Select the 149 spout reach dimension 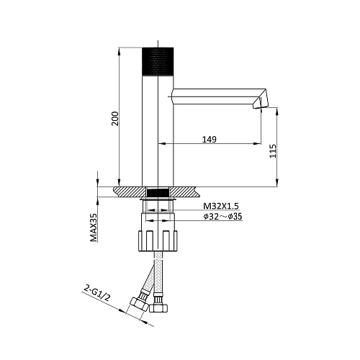(210, 140)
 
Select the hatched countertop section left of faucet (130, 192)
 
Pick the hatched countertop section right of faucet (186, 192)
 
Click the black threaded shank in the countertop (158, 192)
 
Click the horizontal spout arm (216, 94)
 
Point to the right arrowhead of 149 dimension (258, 145)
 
